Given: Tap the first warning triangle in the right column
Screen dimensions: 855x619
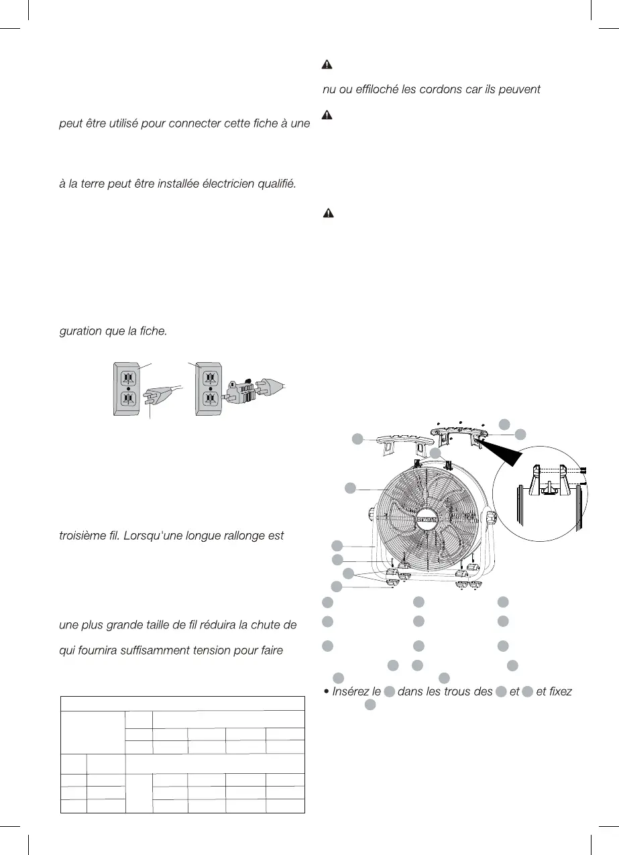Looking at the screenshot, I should [x=327, y=65].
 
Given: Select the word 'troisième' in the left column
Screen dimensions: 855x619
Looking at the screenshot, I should [x=86, y=536].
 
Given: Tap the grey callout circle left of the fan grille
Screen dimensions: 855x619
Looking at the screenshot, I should [x=350, y=488].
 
